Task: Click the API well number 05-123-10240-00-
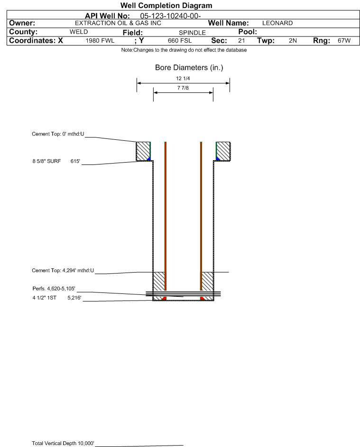pos(170,16)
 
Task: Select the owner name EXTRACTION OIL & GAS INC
pos(118,23)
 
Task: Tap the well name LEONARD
pos(277,23)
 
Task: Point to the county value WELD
pos(79,32)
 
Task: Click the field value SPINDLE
pos(192,33)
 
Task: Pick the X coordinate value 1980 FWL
pos(100,40)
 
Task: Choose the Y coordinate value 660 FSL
pos(180,40)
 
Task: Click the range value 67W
pos(344,40)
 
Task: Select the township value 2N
pos(293,40)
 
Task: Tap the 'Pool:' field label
pos(248,32)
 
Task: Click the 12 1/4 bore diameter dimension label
pos(183,78)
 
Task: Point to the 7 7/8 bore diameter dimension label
pos(183,88)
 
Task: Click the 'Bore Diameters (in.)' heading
pos(189,68)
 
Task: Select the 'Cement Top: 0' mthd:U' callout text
pos(58,134)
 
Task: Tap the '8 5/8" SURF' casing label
pos(46,161)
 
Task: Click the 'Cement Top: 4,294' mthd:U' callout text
pos(63,270)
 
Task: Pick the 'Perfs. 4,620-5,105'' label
pos(54,289)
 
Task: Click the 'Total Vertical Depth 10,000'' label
pos(63,443)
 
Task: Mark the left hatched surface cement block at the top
pos(143,151)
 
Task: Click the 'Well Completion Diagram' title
pos(166,5)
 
